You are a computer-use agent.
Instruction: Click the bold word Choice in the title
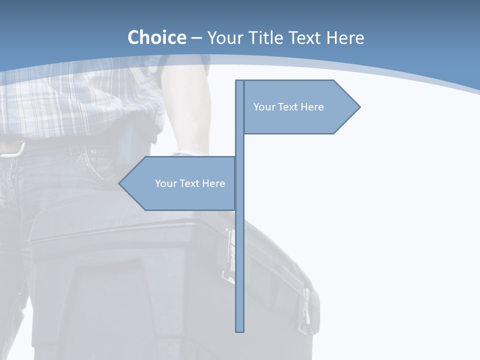[156, 37]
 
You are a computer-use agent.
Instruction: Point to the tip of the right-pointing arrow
[359, 106]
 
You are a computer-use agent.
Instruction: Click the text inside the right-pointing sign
[288, 107]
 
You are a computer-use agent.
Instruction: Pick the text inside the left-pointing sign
[190, 183]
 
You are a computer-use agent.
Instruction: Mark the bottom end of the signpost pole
[240, 330]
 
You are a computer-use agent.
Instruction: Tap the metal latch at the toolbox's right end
[306, 310]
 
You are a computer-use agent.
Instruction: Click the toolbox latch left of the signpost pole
[229, 255]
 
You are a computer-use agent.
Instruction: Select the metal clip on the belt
[12, 149]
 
